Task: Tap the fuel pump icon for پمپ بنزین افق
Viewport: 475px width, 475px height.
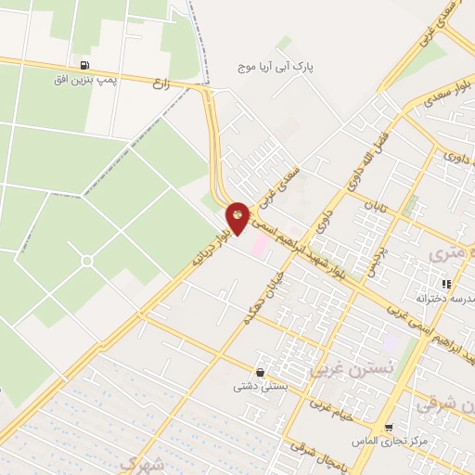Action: point(85,66)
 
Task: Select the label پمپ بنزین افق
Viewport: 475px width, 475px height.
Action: point(85,81)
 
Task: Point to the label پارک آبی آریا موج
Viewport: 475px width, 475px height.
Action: point(273,68)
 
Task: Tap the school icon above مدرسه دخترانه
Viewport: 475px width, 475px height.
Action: point(445,284)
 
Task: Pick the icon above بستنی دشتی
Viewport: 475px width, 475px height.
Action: point(259,372)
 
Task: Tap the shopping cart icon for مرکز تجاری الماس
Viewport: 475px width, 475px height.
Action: point(388,426)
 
